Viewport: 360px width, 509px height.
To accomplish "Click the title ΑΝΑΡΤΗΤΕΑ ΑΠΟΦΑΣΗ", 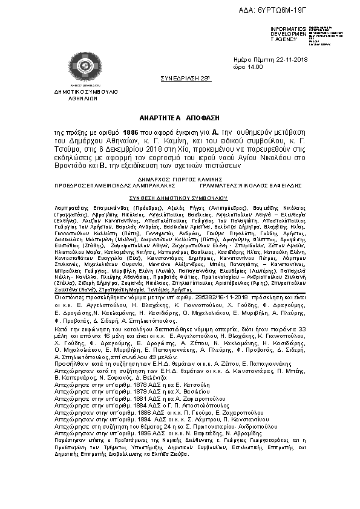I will coord(180,117).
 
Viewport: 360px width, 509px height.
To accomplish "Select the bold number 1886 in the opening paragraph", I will coord(132,131).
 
